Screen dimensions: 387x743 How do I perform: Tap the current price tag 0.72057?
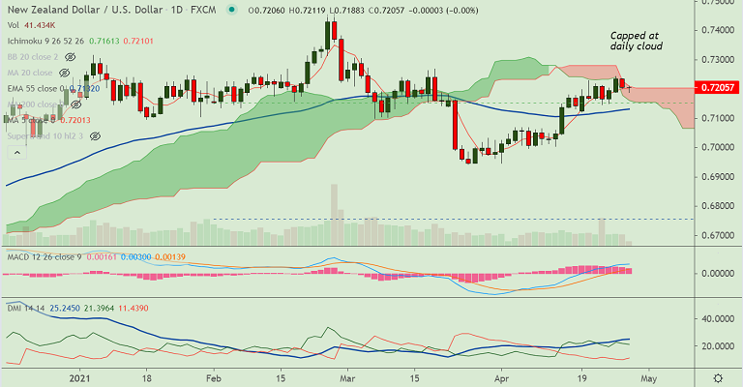point(718,87)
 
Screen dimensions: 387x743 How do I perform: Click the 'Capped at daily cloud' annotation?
point(635,41)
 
